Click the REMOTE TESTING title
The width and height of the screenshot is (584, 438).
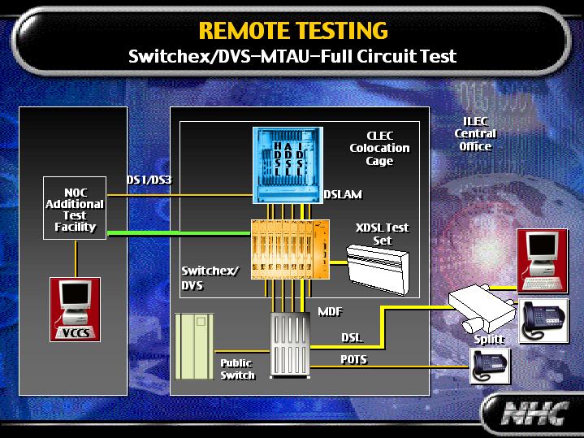pos(292,31)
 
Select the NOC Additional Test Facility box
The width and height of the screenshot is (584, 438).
pos(75,209)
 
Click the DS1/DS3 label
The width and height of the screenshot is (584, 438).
pos(147,179)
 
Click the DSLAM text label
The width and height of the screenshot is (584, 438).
pos(342,195)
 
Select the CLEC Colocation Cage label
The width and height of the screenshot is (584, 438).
pos(379,148)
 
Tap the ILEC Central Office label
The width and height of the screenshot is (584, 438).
pos(474,133)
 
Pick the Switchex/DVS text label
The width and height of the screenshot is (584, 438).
pos(210,278)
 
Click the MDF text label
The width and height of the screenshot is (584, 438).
pos(329,310)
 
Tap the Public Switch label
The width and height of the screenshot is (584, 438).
pos(237,369)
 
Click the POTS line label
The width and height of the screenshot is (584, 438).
pos(353,359)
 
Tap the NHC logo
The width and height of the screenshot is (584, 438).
pos(531,414)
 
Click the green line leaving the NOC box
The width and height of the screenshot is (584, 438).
pos(179,233)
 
